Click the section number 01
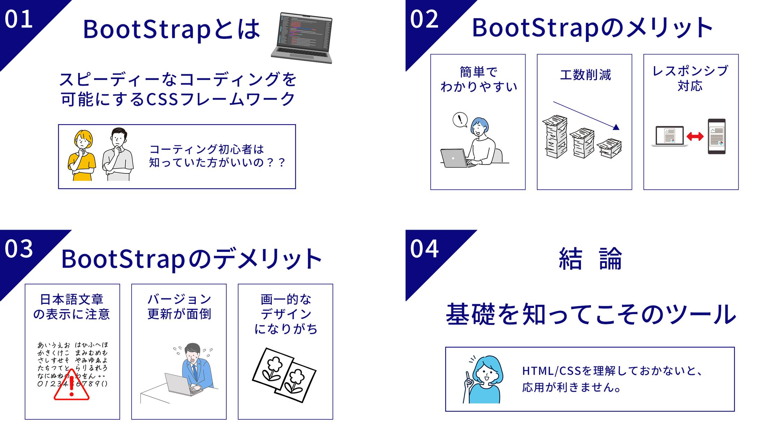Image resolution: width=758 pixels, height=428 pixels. (19, 19)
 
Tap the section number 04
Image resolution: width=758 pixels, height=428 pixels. (424, 249)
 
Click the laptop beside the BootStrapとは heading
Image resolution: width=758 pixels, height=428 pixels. (302, 38)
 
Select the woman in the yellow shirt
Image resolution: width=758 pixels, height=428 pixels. (82, 155)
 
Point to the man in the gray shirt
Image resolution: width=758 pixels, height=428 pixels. (118, 155)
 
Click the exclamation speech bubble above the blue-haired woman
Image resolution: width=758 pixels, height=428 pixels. (460, 120)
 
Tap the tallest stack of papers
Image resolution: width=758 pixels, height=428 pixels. (555, 137)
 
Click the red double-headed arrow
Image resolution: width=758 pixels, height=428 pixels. (695, 136)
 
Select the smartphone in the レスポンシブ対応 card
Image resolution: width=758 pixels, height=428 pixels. (717, 136)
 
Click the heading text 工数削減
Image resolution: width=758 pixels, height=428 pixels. (585, 75)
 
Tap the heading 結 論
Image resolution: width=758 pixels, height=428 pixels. (590, 258)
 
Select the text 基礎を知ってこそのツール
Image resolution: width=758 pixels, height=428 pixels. (591, 314)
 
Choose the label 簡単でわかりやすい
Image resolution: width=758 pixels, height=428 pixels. (479, 79)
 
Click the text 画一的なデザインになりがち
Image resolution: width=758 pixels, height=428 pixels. (286, 314)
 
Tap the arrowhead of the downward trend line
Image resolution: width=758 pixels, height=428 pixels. (616, 127)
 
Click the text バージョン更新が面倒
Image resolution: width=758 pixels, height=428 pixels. (179, 307)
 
